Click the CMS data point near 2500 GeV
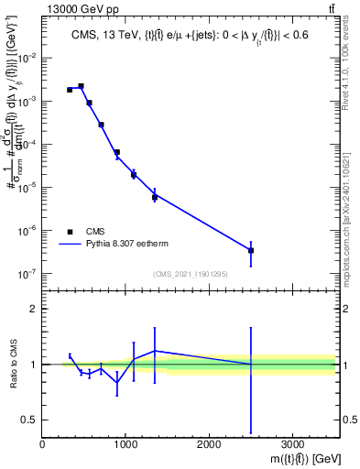tap(251, 250)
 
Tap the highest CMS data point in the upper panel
tap(82, 86)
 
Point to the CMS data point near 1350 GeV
tap(155, 197)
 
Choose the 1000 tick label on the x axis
tap(125, 444)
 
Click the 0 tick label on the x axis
tap(43, 444)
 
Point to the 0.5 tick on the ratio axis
tap(29, 420)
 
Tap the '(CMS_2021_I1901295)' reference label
tap(190, 274)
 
